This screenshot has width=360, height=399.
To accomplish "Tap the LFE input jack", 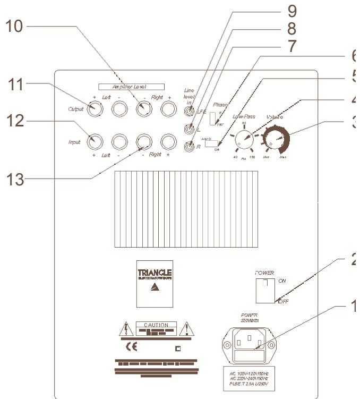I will (188, 112).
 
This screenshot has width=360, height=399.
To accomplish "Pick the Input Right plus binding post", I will (169, 141).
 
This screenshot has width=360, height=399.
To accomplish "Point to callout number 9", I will (306, 10).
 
